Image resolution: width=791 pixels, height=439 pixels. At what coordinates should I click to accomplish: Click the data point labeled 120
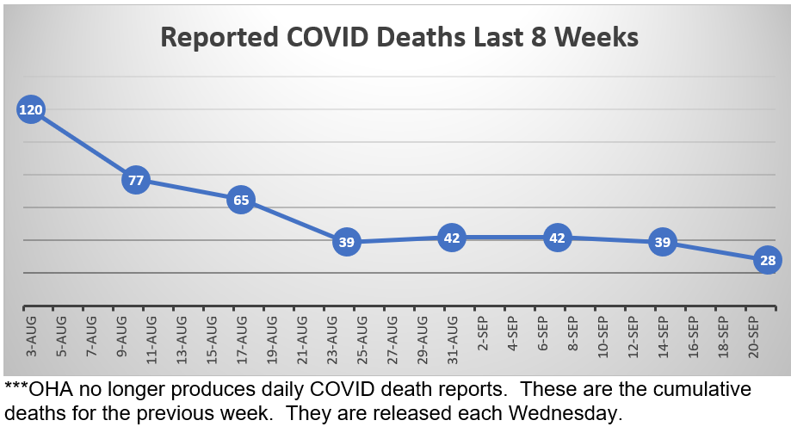tap(30, 110)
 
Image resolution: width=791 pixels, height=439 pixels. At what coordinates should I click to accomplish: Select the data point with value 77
tap(136, 181)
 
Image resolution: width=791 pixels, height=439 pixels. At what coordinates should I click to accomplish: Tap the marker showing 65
tap(241, 201)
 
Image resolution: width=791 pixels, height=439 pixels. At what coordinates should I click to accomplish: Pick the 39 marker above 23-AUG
tap(346, 243)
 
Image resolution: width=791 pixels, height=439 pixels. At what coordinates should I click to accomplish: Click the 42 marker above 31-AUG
tap(452, 238)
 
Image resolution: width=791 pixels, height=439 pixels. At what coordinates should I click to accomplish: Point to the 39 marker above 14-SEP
tap(662, 243)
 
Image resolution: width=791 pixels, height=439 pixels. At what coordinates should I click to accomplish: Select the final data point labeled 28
tap(768, 260)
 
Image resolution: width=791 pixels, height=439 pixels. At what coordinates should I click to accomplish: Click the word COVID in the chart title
tap(322, 38)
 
